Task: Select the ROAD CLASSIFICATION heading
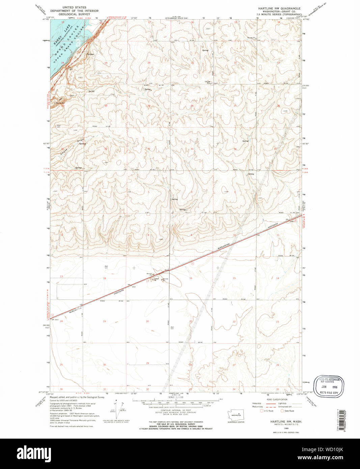(x=277, y=399)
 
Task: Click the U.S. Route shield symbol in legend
(x=261, y=411)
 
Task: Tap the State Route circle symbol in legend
(x=282, y=411)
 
